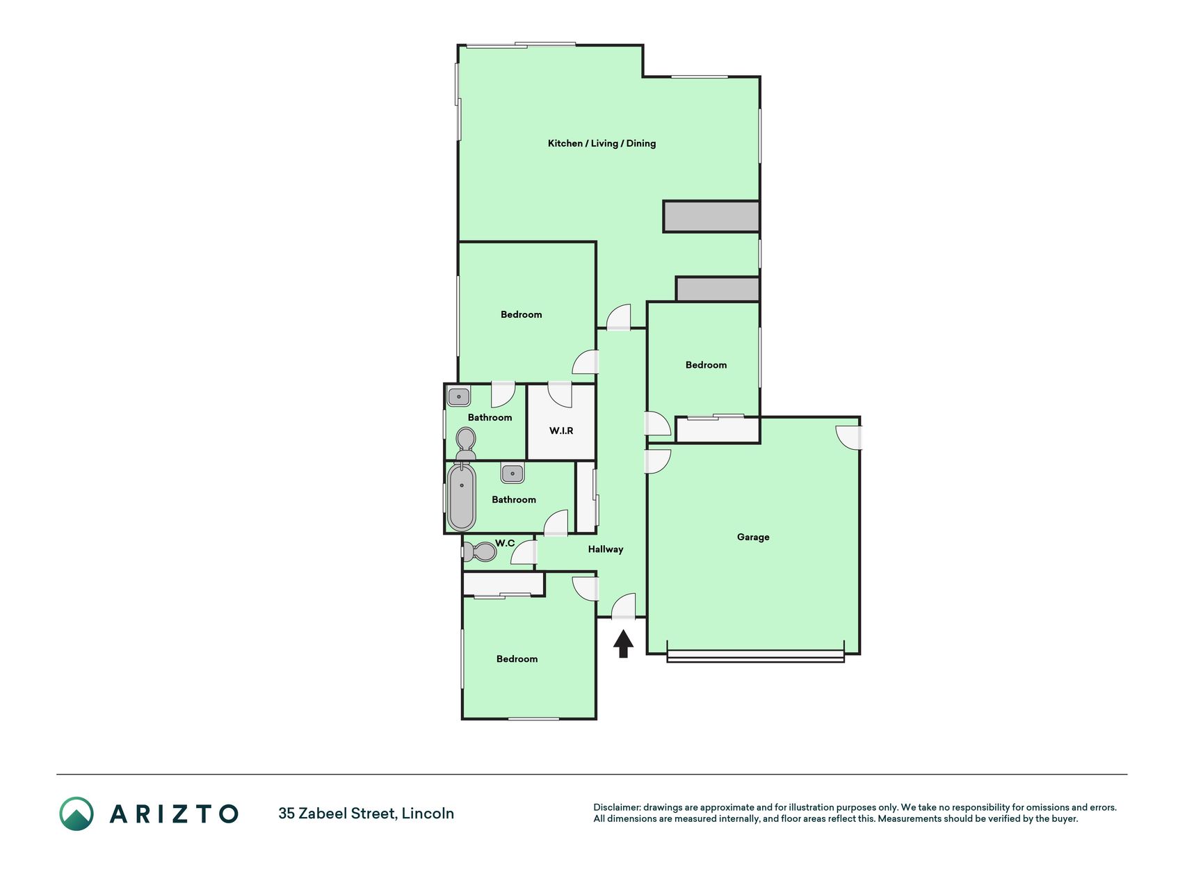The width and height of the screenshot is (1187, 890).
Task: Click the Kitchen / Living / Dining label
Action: [601, 143]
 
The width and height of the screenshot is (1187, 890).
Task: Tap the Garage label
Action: [753, 537]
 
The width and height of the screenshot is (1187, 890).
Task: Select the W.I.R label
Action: [561, 431]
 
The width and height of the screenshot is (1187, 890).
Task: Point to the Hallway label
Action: [606, 549]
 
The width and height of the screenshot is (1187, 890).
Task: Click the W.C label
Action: [505, 543]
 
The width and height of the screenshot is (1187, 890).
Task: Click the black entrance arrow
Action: [623, 643]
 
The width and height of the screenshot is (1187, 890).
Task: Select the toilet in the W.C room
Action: [481, 552]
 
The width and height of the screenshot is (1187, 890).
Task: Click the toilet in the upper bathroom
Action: [466, 444]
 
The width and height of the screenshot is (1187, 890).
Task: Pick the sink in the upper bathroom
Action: [459, 396]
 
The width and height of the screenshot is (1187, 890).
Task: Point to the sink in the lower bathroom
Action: [512, 474]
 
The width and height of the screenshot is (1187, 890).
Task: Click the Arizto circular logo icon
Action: [76, 814]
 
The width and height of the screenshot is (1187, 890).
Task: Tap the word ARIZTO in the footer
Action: [174, 814]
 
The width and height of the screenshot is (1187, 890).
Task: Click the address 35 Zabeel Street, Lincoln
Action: [366, 814]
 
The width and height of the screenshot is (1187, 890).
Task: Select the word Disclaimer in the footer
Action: [616, 807]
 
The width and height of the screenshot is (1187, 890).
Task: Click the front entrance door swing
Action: [624, 605]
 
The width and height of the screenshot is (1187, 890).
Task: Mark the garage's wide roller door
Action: [755, 656]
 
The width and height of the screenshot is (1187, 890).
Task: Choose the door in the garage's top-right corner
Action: [849, 437]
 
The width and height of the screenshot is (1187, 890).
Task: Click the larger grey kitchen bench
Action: [711, 216]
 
